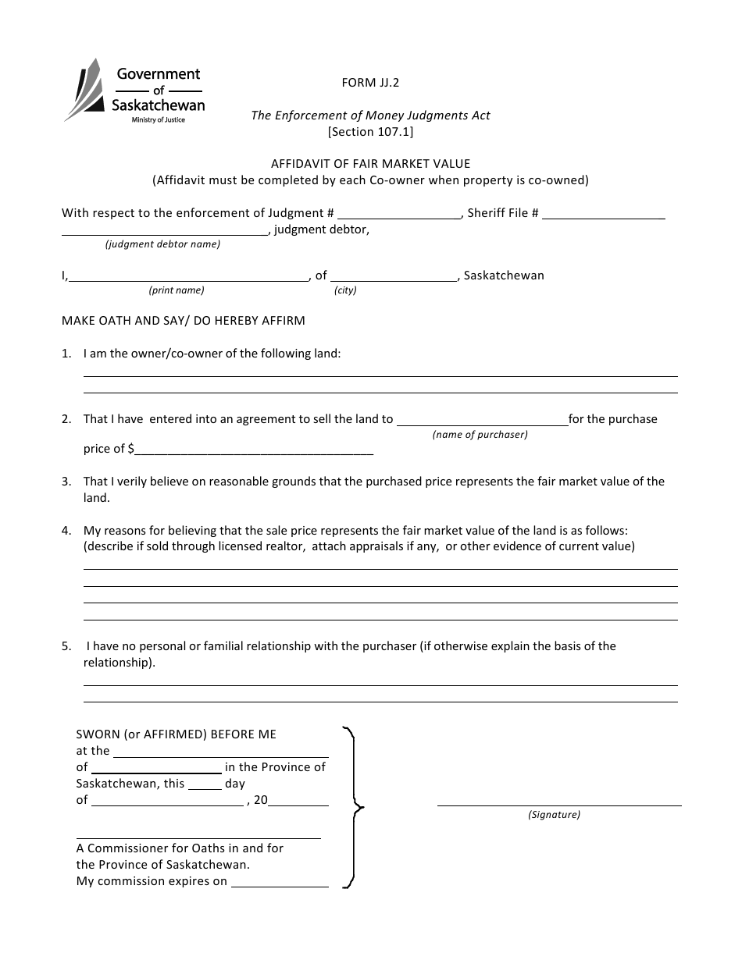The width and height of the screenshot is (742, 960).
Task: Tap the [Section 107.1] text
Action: coord(370,132)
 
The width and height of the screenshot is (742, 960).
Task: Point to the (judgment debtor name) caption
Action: coord(162,244)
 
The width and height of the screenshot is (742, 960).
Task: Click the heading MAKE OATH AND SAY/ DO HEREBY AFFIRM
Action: coord(184,321)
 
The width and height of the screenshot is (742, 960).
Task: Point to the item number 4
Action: coord(66,531)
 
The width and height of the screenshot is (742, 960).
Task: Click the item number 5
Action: coord(66,646)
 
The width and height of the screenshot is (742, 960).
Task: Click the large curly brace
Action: coord(354,807)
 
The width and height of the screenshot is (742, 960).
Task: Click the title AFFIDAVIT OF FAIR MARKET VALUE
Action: coord(370,164)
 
